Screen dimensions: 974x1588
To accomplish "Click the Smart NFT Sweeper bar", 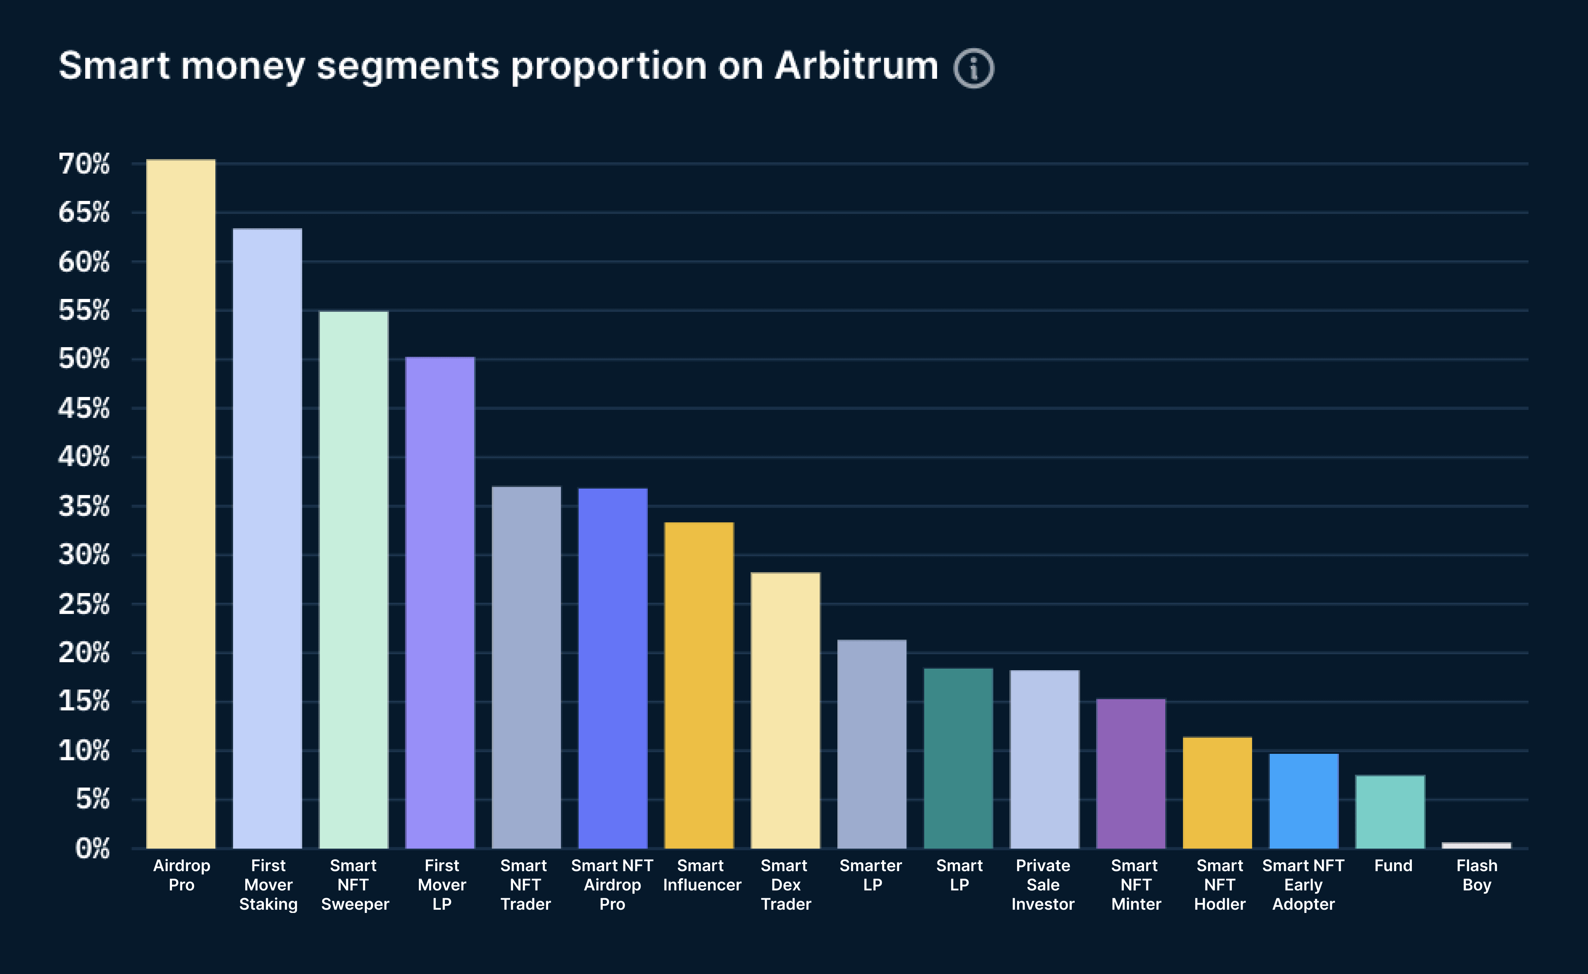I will tap(354, 580).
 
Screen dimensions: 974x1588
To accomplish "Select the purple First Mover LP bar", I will tap(440, 603).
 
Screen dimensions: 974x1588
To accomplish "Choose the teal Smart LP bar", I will tap(958, 759).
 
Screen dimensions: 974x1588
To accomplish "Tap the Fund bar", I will tap(1390, 812).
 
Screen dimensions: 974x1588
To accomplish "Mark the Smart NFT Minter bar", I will tap(1131, 773).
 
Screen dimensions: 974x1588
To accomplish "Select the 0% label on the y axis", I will tap(92, 848).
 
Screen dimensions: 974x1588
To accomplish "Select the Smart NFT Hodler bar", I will tap(1217, 793).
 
